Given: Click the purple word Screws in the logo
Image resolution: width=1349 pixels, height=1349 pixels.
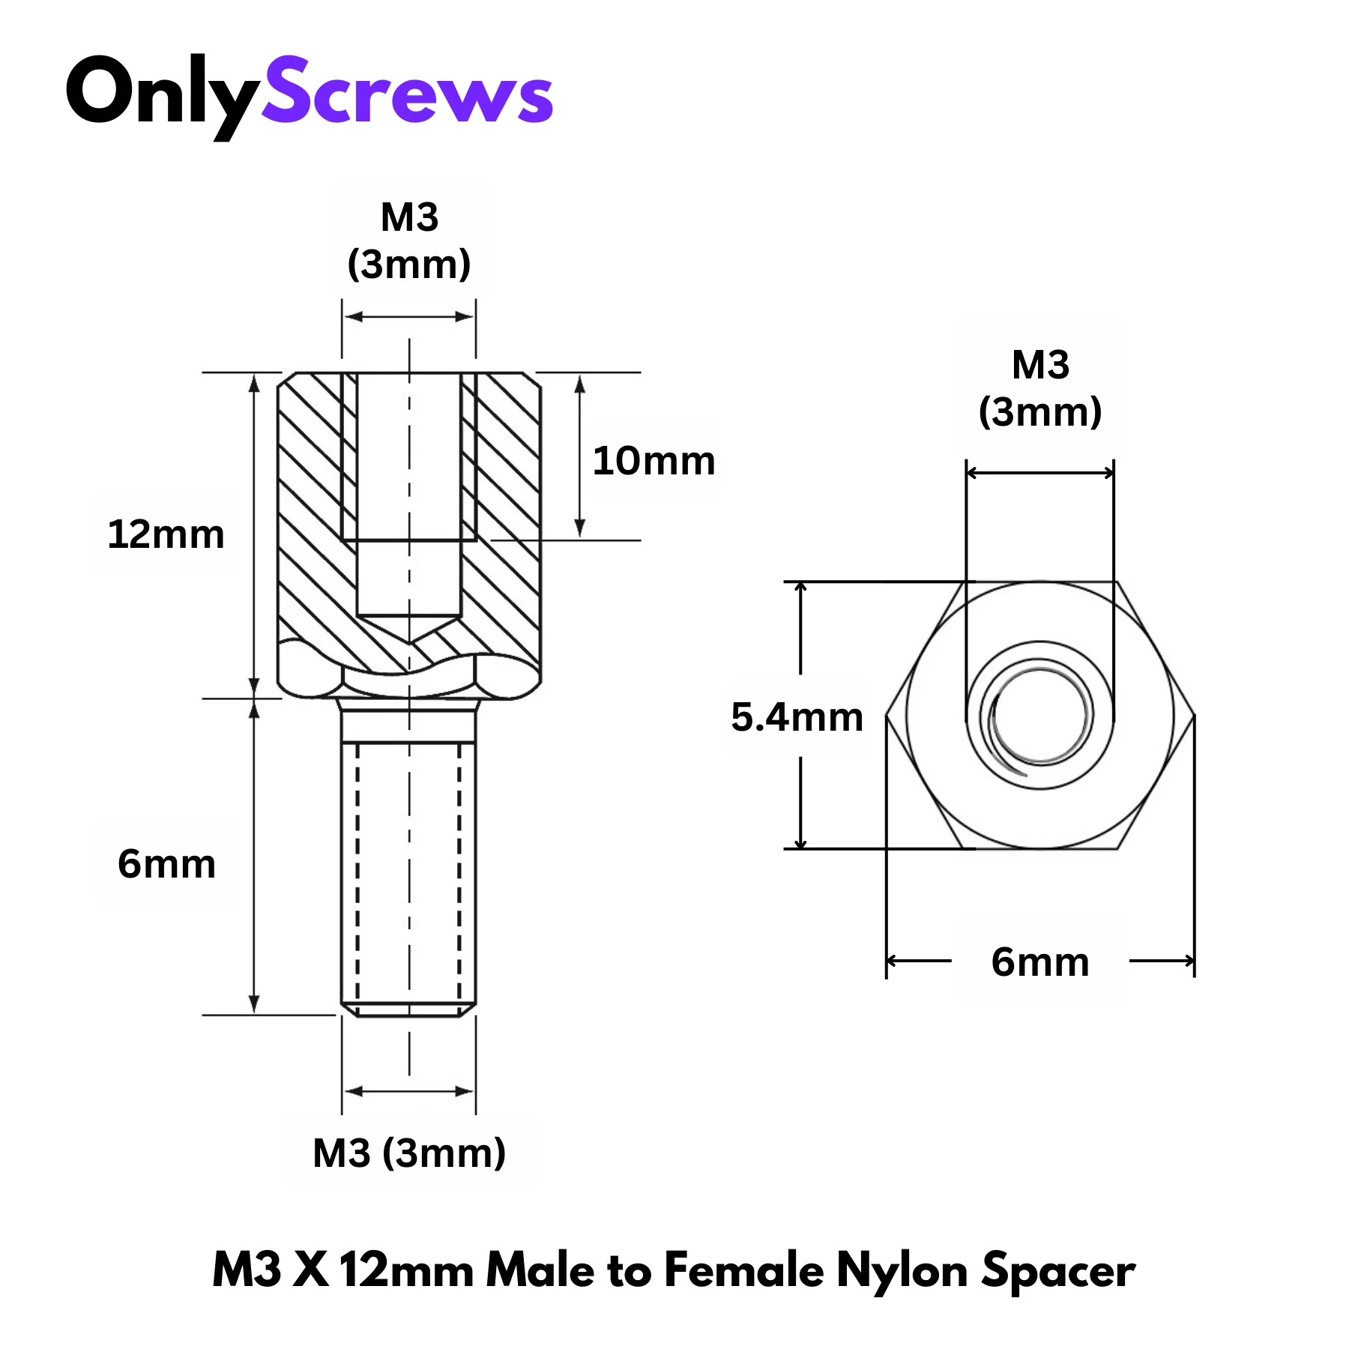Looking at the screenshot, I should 407,91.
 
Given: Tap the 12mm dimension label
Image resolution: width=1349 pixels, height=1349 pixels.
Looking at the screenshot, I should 166,535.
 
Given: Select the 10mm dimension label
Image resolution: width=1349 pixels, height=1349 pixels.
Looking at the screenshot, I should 654,461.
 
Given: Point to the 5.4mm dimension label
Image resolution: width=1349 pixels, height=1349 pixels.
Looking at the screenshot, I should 797,717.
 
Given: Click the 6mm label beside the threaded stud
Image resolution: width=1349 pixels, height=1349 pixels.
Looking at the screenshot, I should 166,864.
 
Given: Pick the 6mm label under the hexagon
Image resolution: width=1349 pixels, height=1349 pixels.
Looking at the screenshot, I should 1039,962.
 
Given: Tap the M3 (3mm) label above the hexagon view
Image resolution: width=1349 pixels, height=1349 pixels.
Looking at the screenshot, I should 1040,388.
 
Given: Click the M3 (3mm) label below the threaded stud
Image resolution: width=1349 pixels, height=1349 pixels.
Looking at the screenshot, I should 409,1153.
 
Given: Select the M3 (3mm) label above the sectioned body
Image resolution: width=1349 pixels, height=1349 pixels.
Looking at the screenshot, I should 409,241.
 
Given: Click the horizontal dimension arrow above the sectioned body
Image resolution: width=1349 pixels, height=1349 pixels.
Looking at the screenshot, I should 409,317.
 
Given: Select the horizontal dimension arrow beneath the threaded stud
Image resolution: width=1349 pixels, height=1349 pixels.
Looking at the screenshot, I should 409,1091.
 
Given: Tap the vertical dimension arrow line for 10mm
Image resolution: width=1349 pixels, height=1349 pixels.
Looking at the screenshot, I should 579,456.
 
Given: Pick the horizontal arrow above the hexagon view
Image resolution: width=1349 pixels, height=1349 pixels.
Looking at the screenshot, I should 1040,473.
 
